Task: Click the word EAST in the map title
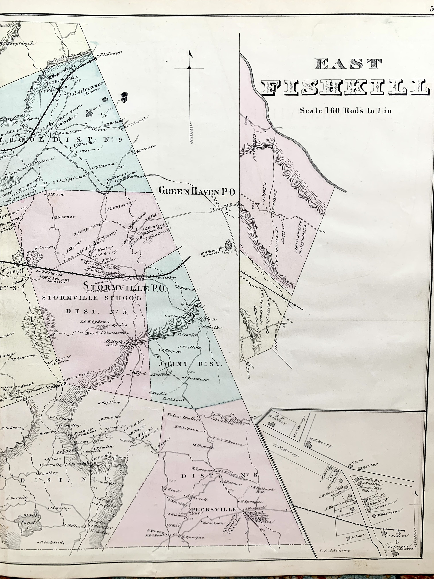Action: click(347, 64)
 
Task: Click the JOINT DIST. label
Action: click(190, 364)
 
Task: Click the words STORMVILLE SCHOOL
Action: click(92, 298)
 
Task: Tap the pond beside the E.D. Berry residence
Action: click(228, 245)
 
